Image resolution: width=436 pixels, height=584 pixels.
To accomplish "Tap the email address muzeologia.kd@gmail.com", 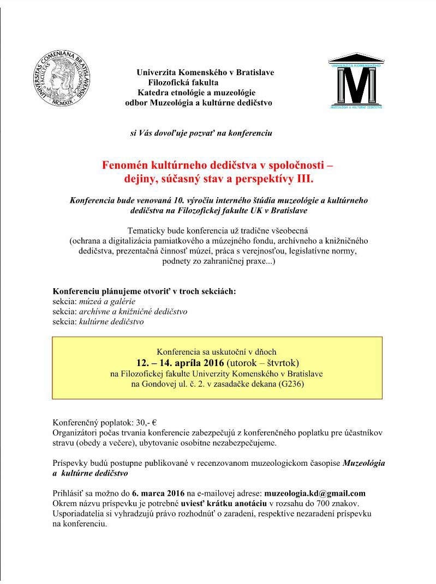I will coord(315,494).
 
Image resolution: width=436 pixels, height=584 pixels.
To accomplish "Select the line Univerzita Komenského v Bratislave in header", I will coord(205,72).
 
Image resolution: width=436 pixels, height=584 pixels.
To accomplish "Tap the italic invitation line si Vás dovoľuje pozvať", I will coord(201,132).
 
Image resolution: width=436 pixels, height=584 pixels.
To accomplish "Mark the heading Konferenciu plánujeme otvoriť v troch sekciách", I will coord(144,291).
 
